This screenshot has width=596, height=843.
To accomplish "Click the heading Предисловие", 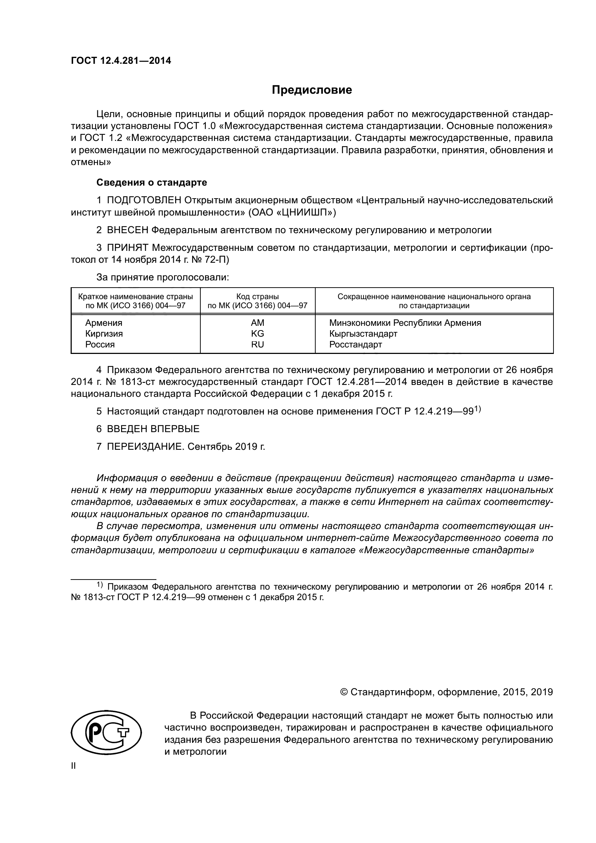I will (312, 90).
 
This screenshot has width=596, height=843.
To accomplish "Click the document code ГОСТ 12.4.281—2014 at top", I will (121, 61).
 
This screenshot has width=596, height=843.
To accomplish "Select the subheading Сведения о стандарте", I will (152, 182).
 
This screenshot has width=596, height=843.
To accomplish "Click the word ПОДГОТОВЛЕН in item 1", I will (144, 200).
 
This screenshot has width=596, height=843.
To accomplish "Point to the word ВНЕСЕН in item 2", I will (128, 230).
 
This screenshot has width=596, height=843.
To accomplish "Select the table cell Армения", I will (104, 323).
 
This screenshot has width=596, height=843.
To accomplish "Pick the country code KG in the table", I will (257, 334).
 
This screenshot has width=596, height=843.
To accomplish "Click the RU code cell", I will (257, 345).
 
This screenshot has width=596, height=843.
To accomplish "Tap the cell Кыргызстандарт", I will (363, 334).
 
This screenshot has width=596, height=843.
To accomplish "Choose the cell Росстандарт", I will (355, 345).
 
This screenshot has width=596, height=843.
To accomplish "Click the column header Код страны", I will (257, 297).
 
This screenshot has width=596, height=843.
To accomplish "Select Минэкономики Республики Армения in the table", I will (405, 323).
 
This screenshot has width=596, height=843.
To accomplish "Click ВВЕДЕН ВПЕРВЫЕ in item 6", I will (153, 429).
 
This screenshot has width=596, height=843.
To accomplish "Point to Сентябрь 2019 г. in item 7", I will (226, 447).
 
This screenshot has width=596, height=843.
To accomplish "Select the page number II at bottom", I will (74, 766).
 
